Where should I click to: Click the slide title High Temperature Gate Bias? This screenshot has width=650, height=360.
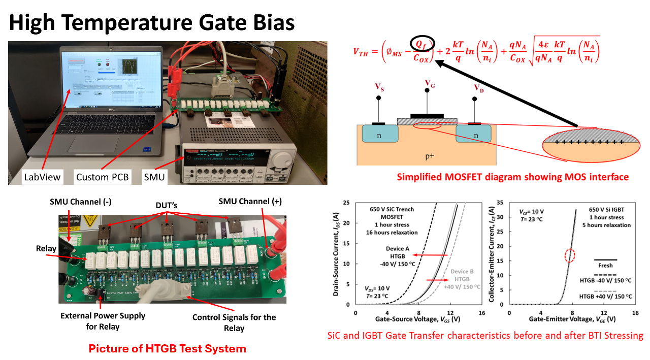click(152, 22)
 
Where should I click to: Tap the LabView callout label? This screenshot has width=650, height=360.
click(42, 177)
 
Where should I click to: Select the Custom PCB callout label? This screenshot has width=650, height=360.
click(102, 177)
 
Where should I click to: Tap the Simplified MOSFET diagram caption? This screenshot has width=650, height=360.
click(512, 177)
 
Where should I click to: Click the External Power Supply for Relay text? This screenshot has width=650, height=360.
click(103, 321)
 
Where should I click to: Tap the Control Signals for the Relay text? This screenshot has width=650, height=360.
click(234, 322)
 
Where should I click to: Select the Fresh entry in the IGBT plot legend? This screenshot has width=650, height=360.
click(605, 266)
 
